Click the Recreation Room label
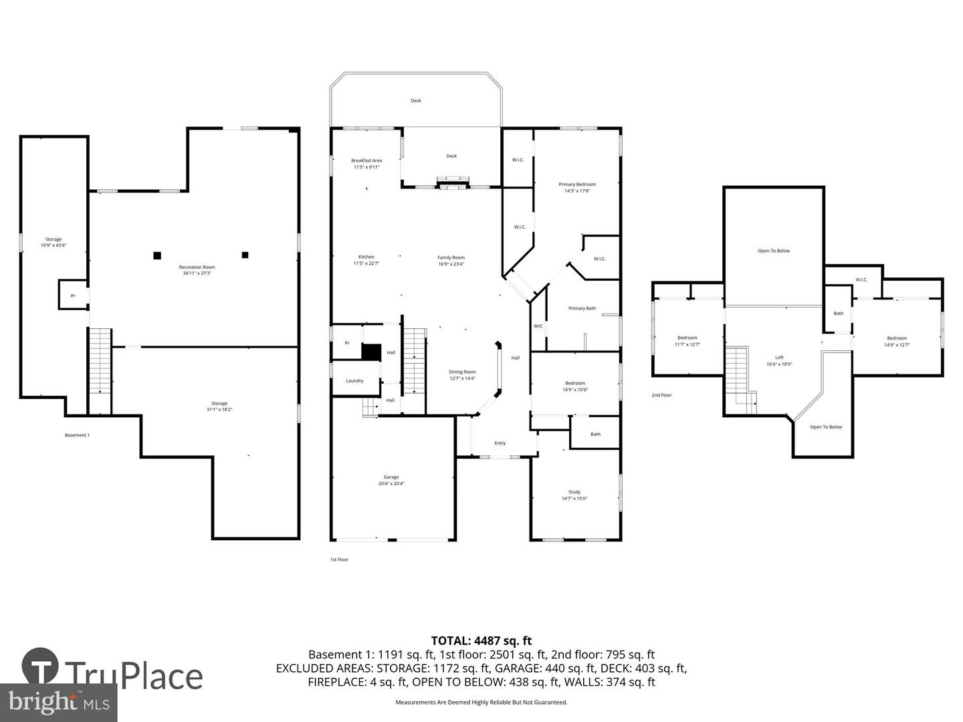coord(197,270)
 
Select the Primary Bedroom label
coord(577,187)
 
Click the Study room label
coord(574,495)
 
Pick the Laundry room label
coord(354,380)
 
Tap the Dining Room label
coord(462,375)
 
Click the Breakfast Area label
coord(366,163)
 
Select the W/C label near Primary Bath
coord(538,326)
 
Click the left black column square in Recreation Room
coord(157,255)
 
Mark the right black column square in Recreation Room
coord(245,255)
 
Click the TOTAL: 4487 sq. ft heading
coord(481,641)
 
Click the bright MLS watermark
coord(59,702)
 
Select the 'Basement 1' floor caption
coord(77,435)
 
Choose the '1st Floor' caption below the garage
coord(339,560)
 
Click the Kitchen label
coord(366,260)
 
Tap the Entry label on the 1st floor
coord(500,443)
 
